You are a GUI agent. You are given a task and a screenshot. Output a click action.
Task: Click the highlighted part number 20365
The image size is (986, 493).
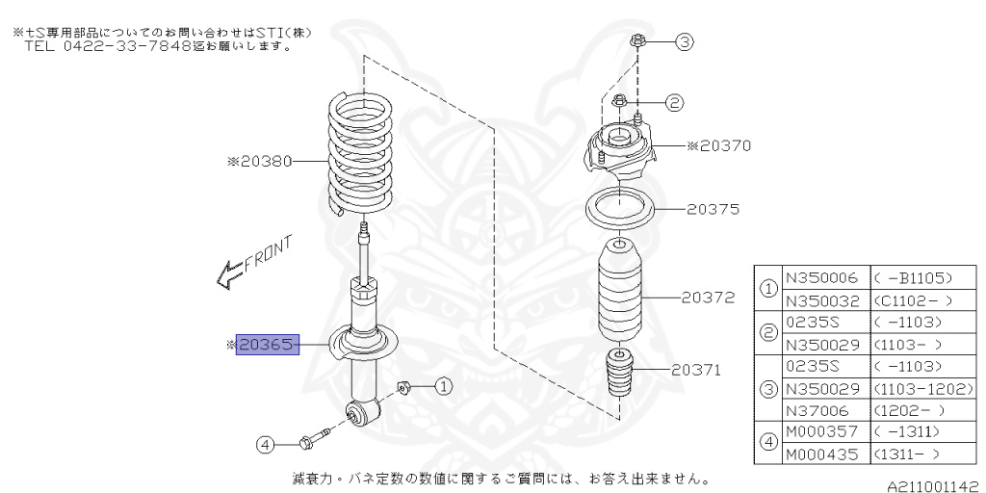pos(268,344)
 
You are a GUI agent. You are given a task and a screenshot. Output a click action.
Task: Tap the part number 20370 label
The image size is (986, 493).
pos(724,146)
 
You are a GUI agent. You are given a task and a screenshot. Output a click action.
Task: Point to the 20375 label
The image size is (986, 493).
pos(714,207)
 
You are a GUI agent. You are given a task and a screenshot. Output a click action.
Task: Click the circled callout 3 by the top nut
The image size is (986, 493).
pos(684,41)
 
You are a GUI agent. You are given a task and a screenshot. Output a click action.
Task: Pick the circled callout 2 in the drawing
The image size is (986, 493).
pos(674,102)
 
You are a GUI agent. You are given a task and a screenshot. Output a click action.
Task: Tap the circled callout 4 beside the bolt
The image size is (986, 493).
pos(265,444)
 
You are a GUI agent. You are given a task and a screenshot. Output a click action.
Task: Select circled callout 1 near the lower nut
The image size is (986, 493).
pos(442,386)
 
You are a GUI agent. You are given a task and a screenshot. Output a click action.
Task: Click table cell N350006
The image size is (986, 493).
pos(822,277)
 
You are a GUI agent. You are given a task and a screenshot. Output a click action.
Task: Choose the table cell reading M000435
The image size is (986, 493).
pos(821,454)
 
